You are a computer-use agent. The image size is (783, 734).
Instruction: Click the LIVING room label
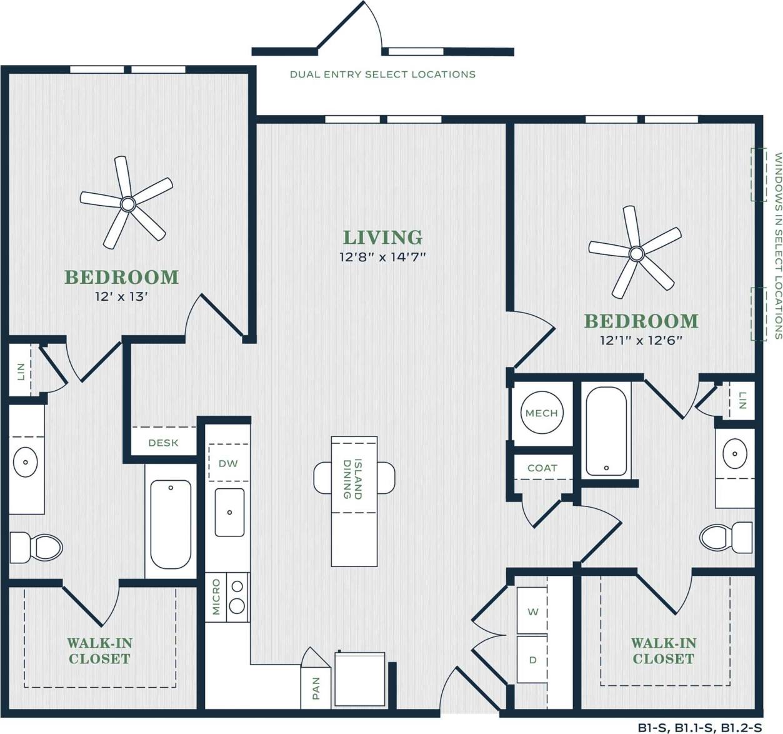tap(382, 238)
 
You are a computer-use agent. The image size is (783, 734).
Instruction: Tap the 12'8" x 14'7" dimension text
tap(382, 257)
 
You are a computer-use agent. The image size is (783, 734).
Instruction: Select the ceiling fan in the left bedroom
tap(128, 203)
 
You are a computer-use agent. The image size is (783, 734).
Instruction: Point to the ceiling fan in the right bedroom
tap(636, 253)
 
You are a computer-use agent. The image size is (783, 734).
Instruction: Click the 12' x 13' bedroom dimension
tap(121, 296)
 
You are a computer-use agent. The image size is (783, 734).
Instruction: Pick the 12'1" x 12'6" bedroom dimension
tap(641, 341)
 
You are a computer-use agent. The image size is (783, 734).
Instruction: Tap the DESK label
tap(163, 443)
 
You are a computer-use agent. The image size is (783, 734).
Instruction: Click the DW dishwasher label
tap(228, 463)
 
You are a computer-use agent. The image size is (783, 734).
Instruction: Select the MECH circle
tap(541, 413)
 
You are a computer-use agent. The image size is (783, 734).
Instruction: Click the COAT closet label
tap(542, 468)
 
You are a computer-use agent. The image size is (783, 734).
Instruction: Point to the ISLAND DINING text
tap(352, 479)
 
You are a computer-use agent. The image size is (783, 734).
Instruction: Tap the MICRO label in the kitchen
tap(216, 596)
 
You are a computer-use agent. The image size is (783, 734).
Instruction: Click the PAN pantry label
tap(316, 688)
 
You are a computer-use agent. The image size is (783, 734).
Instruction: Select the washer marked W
tap(532, 611)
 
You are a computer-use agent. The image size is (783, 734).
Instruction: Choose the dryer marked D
tap(532, 660)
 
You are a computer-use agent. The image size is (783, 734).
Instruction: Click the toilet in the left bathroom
tap(36, 546)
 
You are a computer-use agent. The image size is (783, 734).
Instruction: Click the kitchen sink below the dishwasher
tap(229, 513)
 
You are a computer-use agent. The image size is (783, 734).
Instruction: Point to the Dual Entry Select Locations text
tap(382, 74)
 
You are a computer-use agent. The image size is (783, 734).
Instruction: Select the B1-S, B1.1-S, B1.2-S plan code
tap(700, 727)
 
